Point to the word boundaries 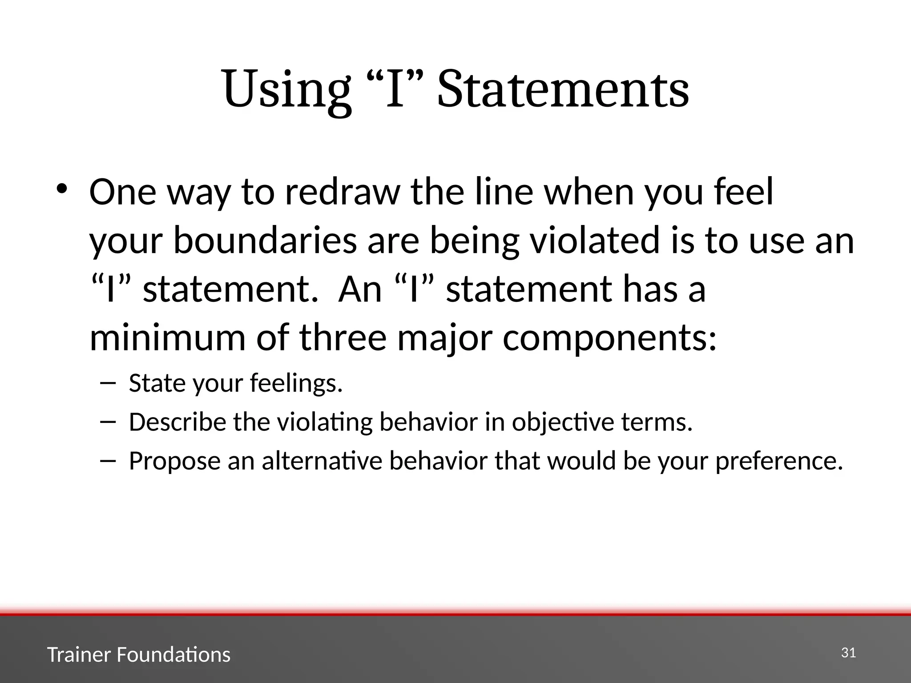click(x=265, y=241)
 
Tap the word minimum click(x=167, y=337)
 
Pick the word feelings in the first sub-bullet click(x=296, y=383)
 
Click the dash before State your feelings click(x=108, y=382)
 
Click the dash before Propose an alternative click(x=108, y=460)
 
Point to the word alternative click(x=322, y=461)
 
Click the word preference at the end click(x=779, y=462)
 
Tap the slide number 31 click(x=848, y=653)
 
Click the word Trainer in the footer click(x=78, y=655)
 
